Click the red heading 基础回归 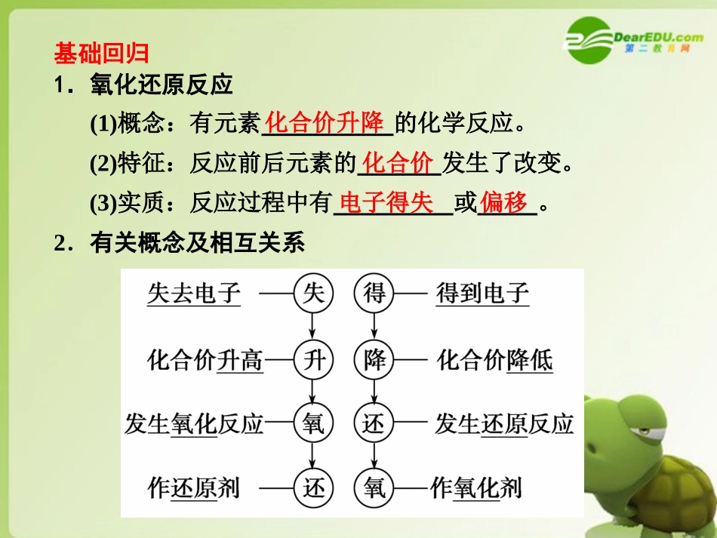pos(101,54)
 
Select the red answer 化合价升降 pos(326,122)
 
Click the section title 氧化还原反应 pos(161,85)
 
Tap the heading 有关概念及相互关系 pos(196,244)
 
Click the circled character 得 pos(374,294)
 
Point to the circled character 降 pos(374,360)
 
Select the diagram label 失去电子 pos(193,294)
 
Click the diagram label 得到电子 pos(482,294)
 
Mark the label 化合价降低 pos(494,360)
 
